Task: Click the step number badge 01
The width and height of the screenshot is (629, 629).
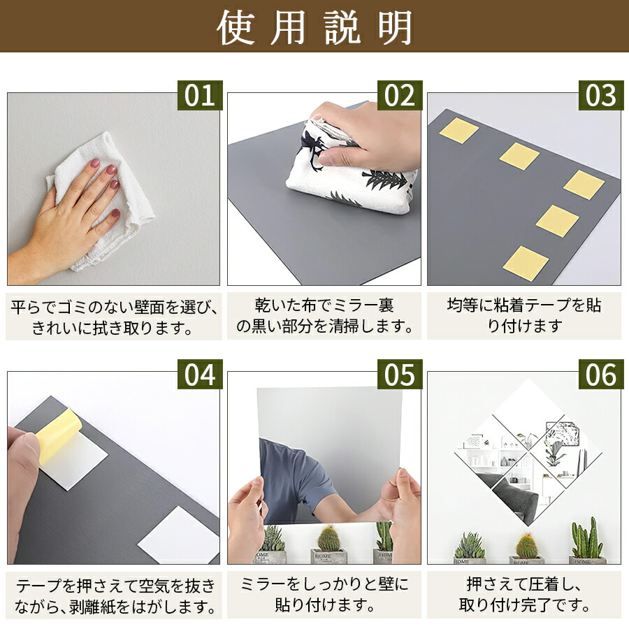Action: click(x=200, y=96)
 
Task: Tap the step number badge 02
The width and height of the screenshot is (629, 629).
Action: click(x=400, y=96)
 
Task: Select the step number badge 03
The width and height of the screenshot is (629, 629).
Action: click(x=600, y=96)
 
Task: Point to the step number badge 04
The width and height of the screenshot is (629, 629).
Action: click(x=200, y=375)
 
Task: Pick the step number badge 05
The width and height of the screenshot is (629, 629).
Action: click(x=400, y=375)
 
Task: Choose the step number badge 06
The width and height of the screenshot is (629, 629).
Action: click(x=600, y=375)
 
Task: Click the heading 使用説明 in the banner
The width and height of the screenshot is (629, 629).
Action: click(x=314, y=27)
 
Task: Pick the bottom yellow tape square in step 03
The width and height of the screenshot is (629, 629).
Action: click(x=526, y=263)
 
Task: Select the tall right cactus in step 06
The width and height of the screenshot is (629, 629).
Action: click(x=587, y=539)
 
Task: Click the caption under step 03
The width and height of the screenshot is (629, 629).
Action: click(x=524, y=316)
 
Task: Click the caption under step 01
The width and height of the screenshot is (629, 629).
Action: click(x=114, y=317)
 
